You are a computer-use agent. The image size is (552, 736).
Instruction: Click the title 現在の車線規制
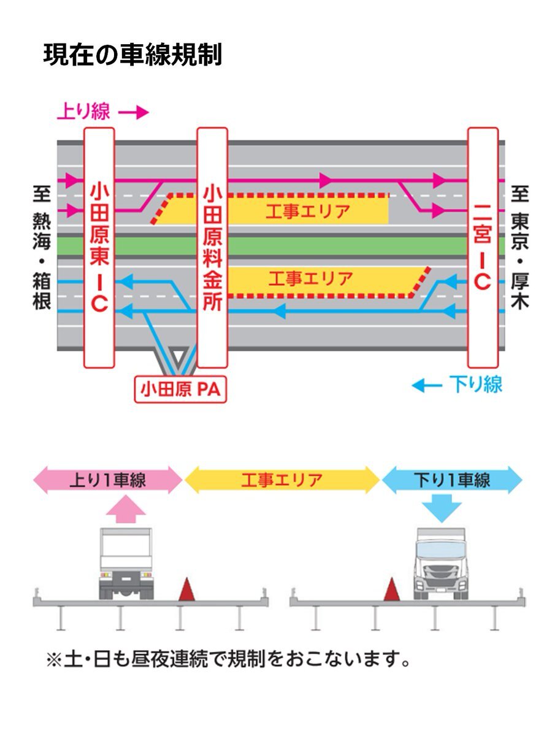[x=132, y=55]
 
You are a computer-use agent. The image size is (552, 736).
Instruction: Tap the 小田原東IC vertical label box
[x=99, y=247]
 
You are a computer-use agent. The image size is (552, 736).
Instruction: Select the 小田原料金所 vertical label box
[x=212, y=247]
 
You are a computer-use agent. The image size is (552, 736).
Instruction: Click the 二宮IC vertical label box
[x=483, y=247]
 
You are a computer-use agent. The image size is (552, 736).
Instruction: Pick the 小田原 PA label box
[x=180, y=389]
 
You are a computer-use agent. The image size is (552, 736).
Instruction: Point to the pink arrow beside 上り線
[x=133, y=113]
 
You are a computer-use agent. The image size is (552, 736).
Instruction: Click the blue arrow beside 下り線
[x=427, y=386]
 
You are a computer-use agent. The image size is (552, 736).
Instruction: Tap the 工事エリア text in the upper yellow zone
[x=308, y=211]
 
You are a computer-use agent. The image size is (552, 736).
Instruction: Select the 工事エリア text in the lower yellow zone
[x=310, y=279]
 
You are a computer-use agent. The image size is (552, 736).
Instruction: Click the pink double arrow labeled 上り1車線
[x=107, y=480]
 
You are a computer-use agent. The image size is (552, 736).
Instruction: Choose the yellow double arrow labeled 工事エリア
[x=282, y=480]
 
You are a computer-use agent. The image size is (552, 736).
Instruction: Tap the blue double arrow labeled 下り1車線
[x=452, y=480]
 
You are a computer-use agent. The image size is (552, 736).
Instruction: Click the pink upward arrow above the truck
[x=126, y=508]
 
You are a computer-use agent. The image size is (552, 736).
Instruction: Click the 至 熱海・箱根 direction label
[x=42, y=247]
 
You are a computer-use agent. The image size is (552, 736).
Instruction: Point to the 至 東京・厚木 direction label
[x=519, y=247]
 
